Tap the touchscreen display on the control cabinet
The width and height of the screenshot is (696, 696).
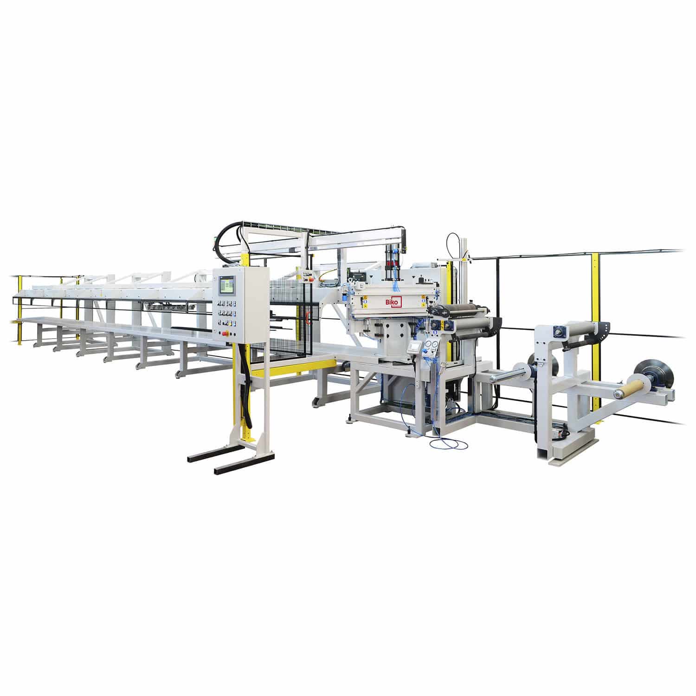point(226,285)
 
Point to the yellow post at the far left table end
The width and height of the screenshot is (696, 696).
point(19,309)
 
